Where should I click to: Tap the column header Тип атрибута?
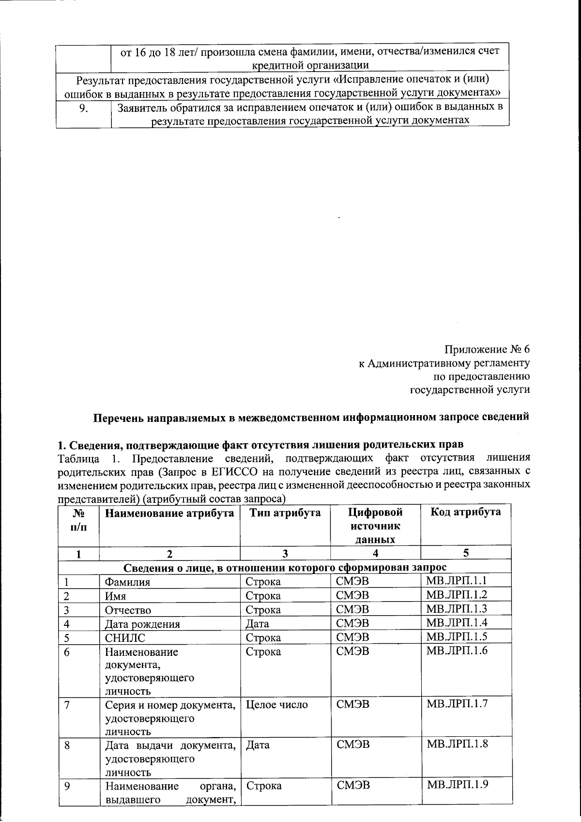tap(285, 513)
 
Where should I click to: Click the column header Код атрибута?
tap(465, 512)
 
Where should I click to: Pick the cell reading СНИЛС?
tap(125, 637)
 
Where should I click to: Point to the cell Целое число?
tap(276, 704)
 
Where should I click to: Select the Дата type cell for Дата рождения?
tap(257, 624)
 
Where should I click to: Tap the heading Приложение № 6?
tap(487, 349)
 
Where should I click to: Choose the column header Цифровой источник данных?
tap(375, 526)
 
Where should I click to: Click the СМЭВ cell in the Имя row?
tap(352, 595)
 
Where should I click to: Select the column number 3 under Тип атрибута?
tap(285, 554)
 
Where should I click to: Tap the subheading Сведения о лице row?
tap(285, 567)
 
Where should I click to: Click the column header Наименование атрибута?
tap(169, 513)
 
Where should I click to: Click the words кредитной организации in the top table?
tap(310, 65)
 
